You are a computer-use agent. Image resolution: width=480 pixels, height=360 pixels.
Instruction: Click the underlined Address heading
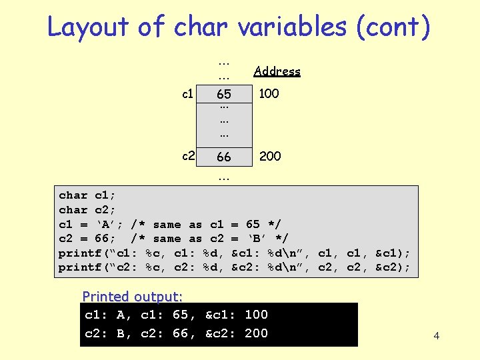277,71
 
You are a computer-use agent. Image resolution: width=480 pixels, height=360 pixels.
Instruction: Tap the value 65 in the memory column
224,95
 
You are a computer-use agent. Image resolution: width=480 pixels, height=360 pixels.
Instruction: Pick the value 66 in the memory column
224,157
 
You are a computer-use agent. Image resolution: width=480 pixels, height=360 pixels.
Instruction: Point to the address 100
269,94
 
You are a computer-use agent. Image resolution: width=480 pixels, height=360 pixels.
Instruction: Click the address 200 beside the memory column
269,156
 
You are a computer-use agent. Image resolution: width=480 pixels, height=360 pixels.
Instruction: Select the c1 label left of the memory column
189,94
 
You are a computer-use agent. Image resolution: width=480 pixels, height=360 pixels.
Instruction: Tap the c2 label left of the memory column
189,156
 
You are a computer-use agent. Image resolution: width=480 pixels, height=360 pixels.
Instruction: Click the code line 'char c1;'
87,195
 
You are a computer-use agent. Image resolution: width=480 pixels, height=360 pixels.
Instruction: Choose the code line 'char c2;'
87,210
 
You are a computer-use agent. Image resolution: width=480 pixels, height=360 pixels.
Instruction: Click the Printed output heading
133,296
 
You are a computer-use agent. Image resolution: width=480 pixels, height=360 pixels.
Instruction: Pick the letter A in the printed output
121,315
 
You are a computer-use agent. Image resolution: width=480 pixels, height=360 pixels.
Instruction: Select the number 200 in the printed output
256,333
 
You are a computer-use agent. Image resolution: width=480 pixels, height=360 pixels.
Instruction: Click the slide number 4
437,336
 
